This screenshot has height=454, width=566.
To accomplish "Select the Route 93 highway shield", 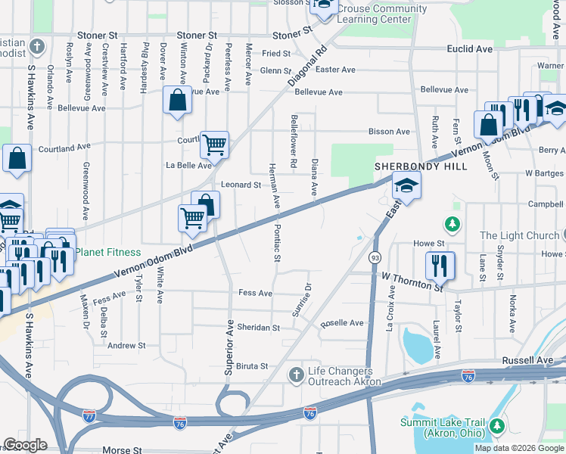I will pyautogui.click(x=375, y=259).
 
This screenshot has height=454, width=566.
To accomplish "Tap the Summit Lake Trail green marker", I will pyautogui.click(x=498, y=427).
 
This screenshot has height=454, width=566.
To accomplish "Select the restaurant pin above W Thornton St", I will pyautogui.click(x=440, y=266).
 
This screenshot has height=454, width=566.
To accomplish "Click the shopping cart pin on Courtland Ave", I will pyautogui.click(x=215, y=144).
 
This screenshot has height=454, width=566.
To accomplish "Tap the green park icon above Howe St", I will pyautogui.click(x=452, y=224).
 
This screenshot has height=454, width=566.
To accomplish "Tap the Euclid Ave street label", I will pyautogui.click(x=469, y=48).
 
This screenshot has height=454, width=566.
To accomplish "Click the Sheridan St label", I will pyautogui.click(x=260, y=328).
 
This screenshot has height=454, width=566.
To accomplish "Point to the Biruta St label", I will pyautogui.click(x=253, y=365).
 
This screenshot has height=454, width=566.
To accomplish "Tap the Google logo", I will pyautogui.click(x=25, y=445).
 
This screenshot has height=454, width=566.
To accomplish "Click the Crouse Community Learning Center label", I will pyautogui.click(x=381, y=14).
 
